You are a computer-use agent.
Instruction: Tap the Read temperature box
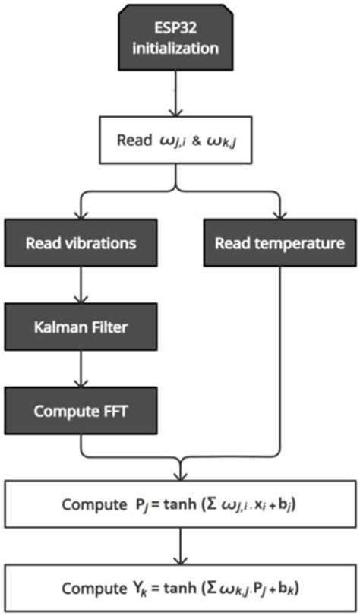(x=280, y=244)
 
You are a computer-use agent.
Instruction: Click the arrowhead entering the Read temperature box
(x=280, y=216)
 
